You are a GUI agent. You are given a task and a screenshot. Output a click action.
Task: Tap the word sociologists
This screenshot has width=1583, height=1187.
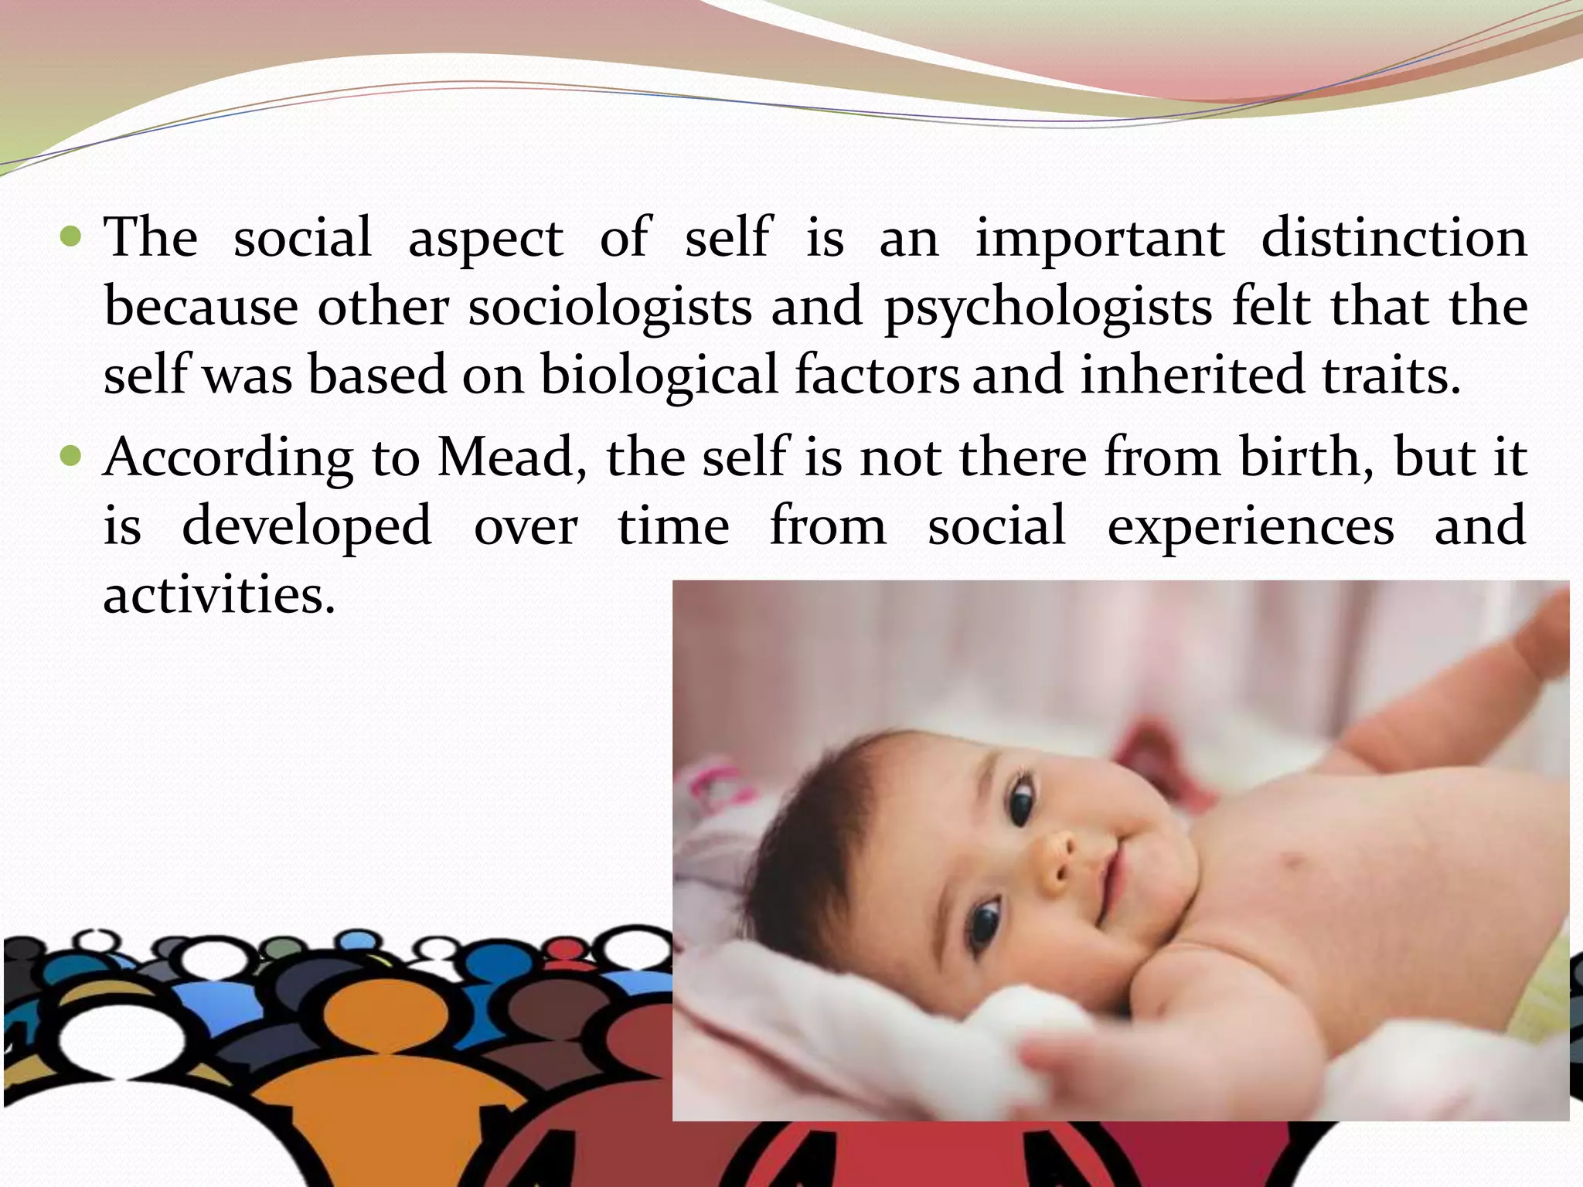610,308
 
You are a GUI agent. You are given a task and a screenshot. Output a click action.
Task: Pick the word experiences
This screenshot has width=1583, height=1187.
1251,525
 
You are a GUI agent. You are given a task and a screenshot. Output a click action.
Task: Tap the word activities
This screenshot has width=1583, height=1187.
219,595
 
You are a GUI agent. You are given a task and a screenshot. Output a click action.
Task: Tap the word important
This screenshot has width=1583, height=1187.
1100,239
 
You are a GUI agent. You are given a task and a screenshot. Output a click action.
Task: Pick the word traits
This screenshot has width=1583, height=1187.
1391,376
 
